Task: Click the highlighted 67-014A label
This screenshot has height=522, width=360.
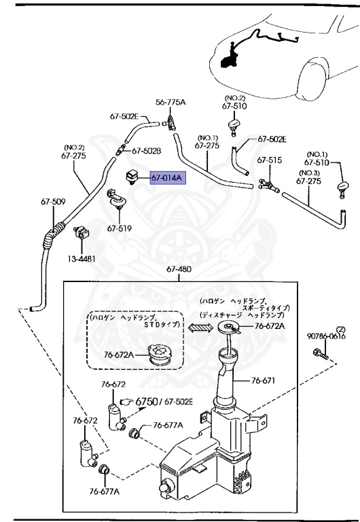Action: (167, 178)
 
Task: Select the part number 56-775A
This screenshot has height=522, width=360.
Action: (170, 102)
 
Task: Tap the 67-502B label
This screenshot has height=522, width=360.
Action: (146, 151)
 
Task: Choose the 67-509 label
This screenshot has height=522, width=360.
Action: (52, 201)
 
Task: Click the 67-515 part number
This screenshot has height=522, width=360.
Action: (268, 160)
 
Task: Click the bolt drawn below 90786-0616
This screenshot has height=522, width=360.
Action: (320, 353)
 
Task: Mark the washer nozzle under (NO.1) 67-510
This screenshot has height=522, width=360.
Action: (344, 186)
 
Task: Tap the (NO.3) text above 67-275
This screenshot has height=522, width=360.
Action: (306, 172)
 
